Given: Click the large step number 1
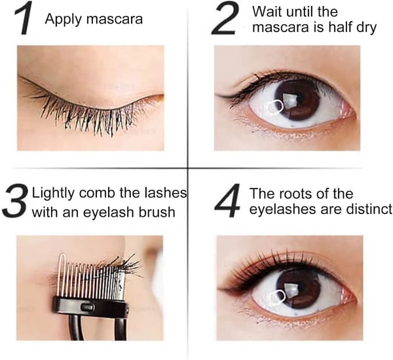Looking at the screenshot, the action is click(x=24, y=18).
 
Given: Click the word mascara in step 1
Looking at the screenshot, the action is click(x=115, y=19).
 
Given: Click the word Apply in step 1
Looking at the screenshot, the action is click(x=64, y=20).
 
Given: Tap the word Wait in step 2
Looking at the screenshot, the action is click(x=267, y=12).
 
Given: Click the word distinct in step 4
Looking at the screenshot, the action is click(x=369, y=209).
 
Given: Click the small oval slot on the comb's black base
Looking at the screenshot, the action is click(x=86, y=306).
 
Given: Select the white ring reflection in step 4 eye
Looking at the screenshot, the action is click(x=276, y=298).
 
